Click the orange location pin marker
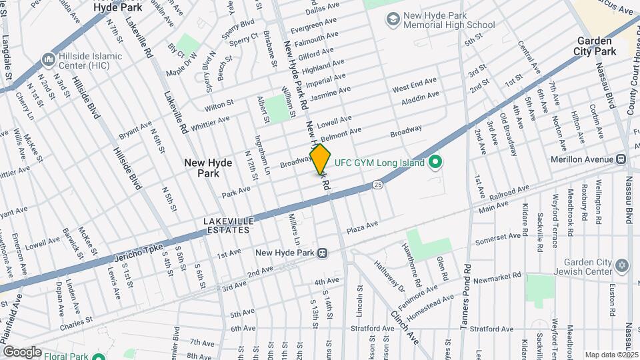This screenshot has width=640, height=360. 320,159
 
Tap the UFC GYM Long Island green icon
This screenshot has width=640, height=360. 436,162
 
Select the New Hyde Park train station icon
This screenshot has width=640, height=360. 323,253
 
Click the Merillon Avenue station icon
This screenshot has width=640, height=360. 621,159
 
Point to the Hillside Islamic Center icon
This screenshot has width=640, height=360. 48,60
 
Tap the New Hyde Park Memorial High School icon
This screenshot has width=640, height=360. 393,20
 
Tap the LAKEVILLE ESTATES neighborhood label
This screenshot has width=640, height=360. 227,225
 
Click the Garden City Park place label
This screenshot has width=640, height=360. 595,46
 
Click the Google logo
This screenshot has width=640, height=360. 21,351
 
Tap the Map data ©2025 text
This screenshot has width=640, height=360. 611,355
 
